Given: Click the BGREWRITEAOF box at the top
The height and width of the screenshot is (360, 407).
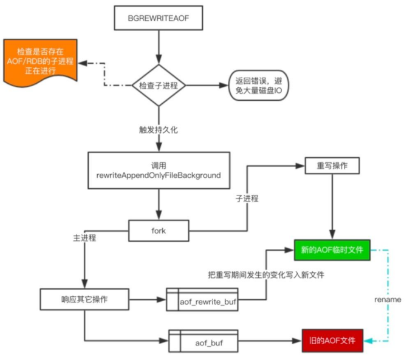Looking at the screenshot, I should (x=159, y=18).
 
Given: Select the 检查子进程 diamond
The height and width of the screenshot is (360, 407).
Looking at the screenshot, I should (x=159, y=86).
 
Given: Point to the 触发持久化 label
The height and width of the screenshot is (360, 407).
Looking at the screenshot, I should (x=159, y=130).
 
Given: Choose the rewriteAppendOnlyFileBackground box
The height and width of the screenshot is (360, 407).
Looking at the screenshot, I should (x=159, y=170).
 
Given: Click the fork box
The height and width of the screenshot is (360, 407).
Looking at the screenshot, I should (x=159, y=231).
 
